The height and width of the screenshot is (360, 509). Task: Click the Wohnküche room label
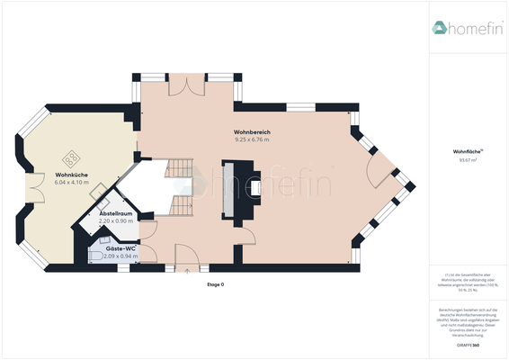pos(71,174)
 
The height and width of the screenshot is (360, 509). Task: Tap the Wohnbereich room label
pos(252,132)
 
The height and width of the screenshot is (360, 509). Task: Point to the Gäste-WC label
pos(120,247)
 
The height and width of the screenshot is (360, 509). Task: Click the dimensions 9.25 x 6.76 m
pos(252,139)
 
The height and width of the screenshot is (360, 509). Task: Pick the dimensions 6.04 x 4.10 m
pos(71,182)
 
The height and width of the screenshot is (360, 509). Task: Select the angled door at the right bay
pos(382,167)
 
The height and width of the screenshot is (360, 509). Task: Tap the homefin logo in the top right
pos(465,28)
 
